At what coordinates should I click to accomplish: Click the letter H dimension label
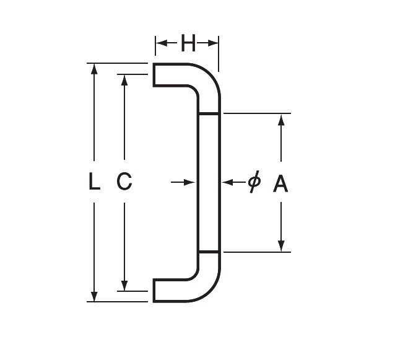point(188,43)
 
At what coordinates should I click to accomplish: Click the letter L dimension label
point(95,181)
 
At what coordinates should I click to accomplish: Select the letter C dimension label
point(124,181)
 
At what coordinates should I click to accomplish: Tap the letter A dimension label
point(280,184)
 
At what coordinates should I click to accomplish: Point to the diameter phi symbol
point(254,182)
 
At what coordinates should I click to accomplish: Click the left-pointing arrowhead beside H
point(162,43)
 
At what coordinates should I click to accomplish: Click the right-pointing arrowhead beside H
point(213,43)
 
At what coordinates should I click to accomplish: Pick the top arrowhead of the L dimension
point(94,69)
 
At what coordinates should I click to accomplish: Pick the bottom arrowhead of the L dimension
point(94,296)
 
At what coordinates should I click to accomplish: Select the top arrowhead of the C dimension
point(124,80)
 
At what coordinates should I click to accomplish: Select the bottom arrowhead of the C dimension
point(124,286)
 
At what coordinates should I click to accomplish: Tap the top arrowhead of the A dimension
point(281,120)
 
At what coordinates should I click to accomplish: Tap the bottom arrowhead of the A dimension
point(281,246)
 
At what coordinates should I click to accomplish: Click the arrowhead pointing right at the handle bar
point(189,182)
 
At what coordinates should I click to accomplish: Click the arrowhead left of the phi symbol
point(228,182)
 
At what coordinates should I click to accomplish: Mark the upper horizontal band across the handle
point(209,114)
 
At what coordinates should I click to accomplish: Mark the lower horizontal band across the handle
point(209,252)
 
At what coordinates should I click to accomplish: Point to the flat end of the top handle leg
point(154,75)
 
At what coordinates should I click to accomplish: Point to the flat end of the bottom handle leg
point(154,291)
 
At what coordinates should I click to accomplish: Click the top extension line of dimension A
point(257,113)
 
